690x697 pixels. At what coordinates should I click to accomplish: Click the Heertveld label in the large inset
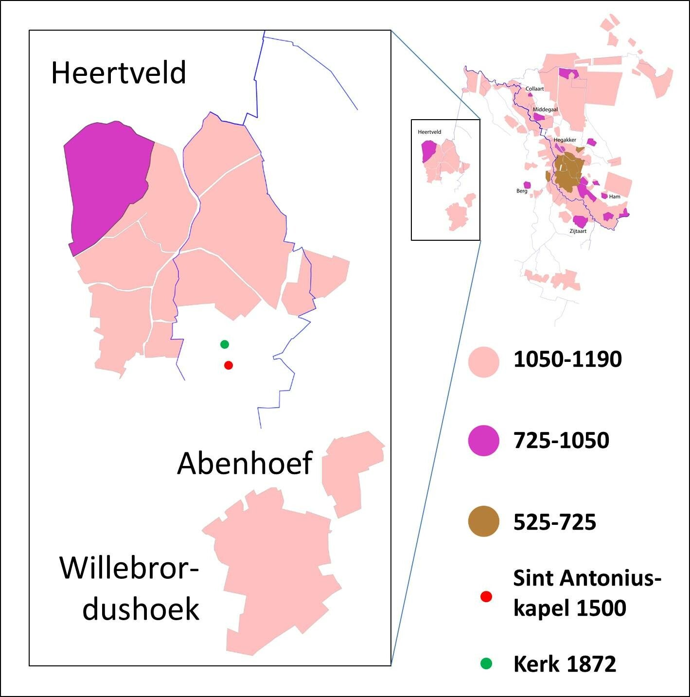tap(118, 73)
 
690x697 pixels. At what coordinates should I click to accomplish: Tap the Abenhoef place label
tap(244, 463)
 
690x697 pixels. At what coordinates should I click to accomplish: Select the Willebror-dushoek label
tap(130, 588)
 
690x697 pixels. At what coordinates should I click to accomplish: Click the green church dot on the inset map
tap(224, 344)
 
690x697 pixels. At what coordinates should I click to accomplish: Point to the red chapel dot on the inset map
tap(229, 365)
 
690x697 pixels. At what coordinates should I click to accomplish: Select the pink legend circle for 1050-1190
tap(483, 362)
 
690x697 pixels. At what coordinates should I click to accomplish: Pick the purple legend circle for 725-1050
tap(483, 440)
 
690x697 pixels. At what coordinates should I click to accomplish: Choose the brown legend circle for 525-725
tap(483, 521)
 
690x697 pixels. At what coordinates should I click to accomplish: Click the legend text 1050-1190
tap(567, 359)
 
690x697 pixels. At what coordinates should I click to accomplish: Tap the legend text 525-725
tap(555, 522)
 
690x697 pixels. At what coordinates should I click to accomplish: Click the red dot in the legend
tap(486, 596)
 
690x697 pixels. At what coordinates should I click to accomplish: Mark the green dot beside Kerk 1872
tap(486, 663)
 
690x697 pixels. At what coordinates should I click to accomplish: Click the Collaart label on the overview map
tap(534, 89)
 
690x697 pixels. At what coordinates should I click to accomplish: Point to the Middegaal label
tap(545, 110)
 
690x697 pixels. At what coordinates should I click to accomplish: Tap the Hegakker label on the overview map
tap(565, 140)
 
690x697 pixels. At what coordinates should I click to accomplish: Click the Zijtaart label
tap(578, 232)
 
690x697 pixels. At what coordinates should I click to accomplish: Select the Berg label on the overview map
tap(522, 191)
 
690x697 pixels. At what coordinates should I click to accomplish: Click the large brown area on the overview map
tap(566, 173)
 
